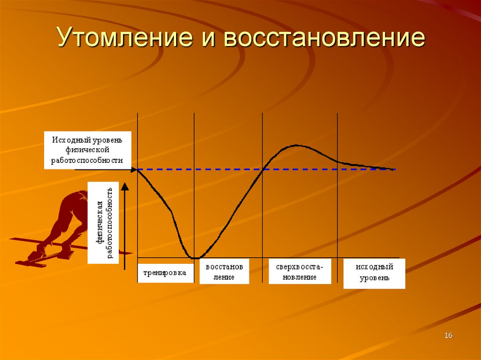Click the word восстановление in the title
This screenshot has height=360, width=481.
pyautogui.click(x=324, y=38)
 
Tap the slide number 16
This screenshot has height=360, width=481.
pyautogui.click(x=448, y=335)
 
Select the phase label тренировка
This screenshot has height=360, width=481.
pyautogui.click(x=165, y=272)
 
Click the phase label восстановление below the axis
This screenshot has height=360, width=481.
pyautogui.click(x=224, y=272)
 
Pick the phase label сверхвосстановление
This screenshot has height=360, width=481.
pyautogui.click(x=300, y=272)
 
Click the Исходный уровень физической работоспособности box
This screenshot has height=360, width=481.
pyautogui.click(x=87, y=150)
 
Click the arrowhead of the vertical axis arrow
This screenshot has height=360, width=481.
pyautogui.click(x=124, y=186)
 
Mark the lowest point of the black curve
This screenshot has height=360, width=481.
pyautogui.click(x=194, y=257)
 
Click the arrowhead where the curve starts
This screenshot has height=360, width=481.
pyautogui.click(x=134, y=169)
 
